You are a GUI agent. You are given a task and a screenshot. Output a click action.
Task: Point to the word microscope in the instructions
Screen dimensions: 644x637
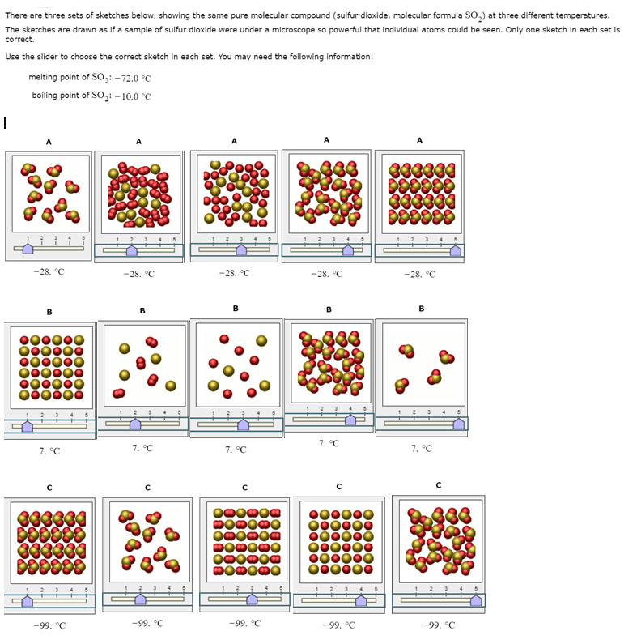tap(313, 28)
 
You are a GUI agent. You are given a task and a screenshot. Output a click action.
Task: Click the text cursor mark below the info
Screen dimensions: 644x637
tap(6, 123)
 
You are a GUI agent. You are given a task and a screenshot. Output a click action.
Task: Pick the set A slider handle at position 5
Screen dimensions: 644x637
tap(456, 250)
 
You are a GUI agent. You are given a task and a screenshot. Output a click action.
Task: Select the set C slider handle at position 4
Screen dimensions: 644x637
tap(361, 600)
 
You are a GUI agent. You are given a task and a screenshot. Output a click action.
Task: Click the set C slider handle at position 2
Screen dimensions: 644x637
tap(141, 599)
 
